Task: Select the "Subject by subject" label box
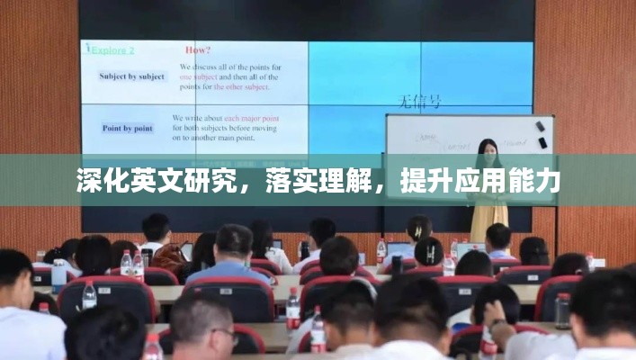133,76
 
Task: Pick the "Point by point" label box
127,128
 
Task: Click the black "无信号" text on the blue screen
419,103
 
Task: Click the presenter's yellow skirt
489,216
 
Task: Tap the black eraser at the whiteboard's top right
540,126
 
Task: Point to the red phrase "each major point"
251,119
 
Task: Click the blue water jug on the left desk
59,275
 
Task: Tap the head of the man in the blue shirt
233,241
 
